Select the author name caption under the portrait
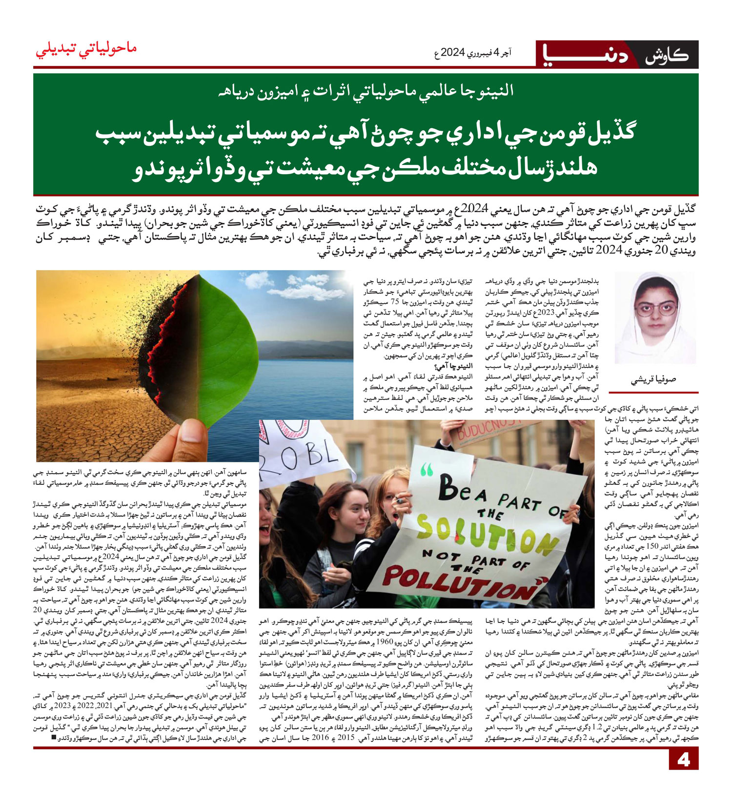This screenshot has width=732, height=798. [653, 379]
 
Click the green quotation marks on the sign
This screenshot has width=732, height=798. [426, 470]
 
